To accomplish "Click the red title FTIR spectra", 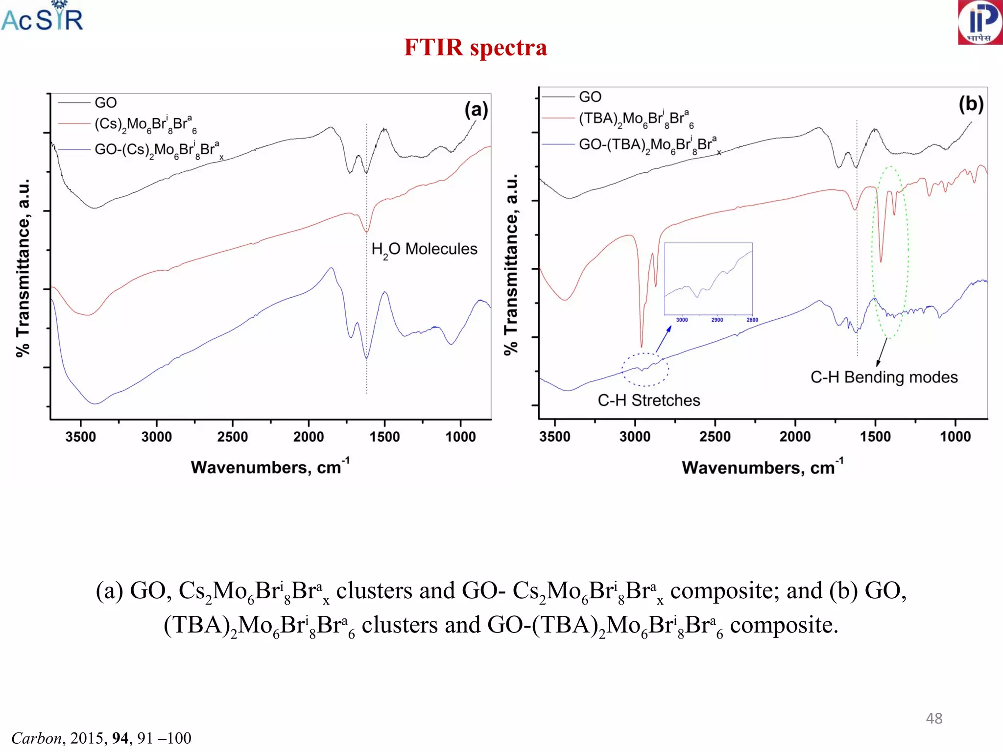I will pyautogui.click(x=475, y=47).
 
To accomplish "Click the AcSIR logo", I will pyautogui.click(x=42, y=18).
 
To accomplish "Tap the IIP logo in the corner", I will pyautogui.click(x=980, y=23).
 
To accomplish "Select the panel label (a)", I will pyautogui.click(x=476, y=110).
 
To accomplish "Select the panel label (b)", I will pyautogui.click(x=971, y=104).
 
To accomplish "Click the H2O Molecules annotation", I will pyautogui.click(x=424, y=249).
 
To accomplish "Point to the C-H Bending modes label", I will pyautogui.click(x=884, y=377).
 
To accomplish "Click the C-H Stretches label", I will pyautogui.click(x=648, y=400).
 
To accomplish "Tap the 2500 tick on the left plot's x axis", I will pyautogui.click(x=233, y=436).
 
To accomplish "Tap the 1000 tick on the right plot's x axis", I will pyautogui.click(x=955, y=436).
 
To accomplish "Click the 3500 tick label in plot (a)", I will pyautogui.click(x=81, y=436).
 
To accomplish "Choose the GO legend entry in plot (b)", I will pyautogui.click(x=590, y=97).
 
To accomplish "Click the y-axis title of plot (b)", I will pyautogui.click(x=511, y=264).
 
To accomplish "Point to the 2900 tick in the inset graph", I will pyautogui.click(x=717, y=320).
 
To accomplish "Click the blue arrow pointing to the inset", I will pyautogui.click(x=663, y=339).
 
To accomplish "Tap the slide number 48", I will pyautogui.click(x=934, y=718).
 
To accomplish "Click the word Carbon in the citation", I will pyautogui.click(x=37, y=738).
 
